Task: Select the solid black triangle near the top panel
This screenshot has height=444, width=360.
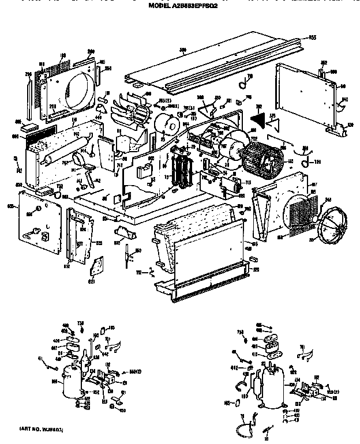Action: tap(257, 116)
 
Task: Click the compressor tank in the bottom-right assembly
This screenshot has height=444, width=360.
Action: tap(272, 387)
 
